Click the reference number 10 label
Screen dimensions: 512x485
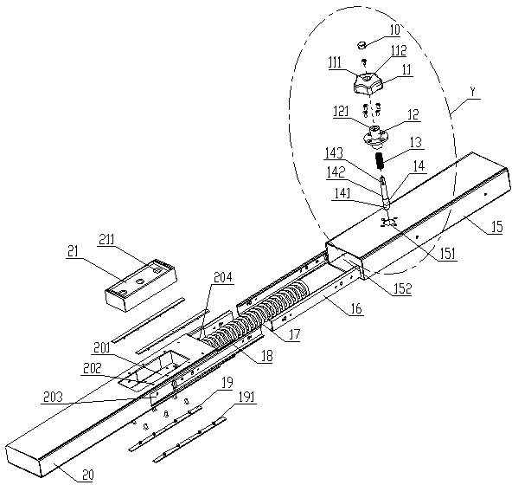click(394, 29)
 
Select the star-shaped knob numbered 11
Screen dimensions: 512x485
click(369, 83)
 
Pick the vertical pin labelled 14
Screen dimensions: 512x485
click(384, 192)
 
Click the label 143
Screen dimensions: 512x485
click(335, 152)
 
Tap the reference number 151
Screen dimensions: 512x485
click(447, 254)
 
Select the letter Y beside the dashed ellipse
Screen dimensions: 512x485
click(472, 93)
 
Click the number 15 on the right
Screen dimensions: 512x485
click(496, 226)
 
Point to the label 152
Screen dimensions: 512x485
click(402, 288)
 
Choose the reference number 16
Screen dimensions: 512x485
click(356, 308)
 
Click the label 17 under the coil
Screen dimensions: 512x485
click(294, 335)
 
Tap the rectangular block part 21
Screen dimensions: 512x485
click(141, 284)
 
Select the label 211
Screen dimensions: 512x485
click(106, 240)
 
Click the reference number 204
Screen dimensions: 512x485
click(222, 277)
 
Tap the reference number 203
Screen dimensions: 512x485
click(53, 397)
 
